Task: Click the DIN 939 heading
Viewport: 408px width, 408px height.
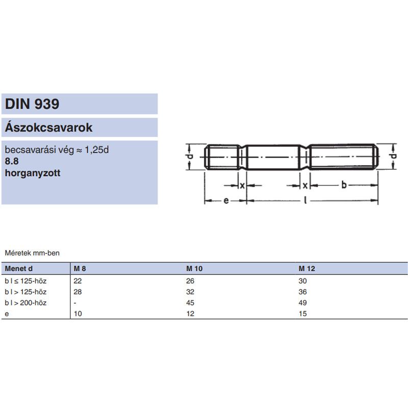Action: [x=32, y=105]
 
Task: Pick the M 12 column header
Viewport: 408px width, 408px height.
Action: [x=307, y=268]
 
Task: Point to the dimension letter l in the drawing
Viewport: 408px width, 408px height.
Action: [x=304, y=200]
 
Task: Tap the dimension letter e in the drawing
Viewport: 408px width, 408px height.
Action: [x=225, y=200]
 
